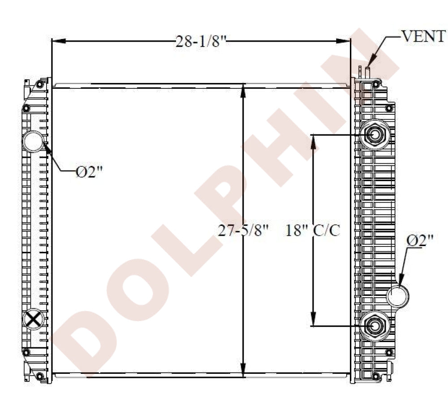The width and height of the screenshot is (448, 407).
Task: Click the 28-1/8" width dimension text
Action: (201, 42)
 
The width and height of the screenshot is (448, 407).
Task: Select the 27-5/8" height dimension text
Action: (243, 230)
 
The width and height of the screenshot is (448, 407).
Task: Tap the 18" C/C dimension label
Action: (313, 230)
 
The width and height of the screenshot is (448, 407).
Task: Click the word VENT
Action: (424, 36)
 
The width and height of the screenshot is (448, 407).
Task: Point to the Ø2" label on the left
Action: (89, 172)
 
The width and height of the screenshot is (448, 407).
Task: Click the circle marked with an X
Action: (34, 319)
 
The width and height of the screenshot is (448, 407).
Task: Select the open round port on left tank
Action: (33, 142)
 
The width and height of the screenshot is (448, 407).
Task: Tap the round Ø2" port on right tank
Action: (398, 296)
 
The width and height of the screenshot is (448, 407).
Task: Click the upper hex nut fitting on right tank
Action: (375, 134)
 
